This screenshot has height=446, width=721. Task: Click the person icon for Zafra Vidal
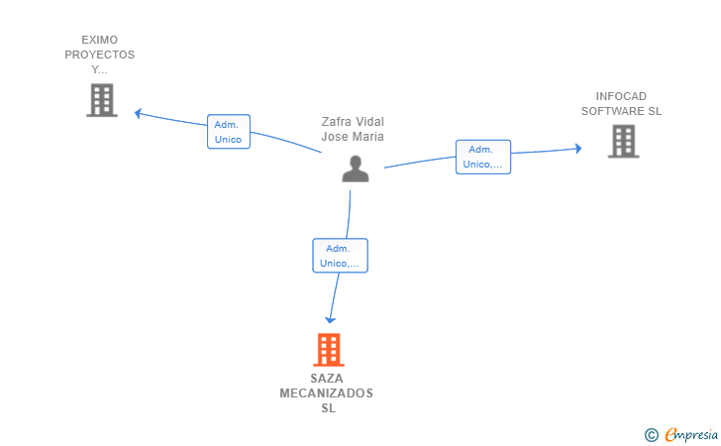[x=355, y=169]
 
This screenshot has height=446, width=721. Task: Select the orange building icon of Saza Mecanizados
[x=329, y=350]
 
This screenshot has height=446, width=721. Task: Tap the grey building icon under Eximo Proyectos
[x=102, y=100]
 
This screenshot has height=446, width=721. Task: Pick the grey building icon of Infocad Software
[x=623, y=141]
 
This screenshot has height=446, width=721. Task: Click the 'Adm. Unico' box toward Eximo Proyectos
[x=228, y=132]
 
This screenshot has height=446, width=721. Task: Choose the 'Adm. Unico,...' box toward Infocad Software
[x=483, y=157]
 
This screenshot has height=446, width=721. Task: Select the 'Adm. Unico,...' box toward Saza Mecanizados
[x=340, y=256]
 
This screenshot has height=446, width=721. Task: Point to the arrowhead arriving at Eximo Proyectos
[x=140, y=113]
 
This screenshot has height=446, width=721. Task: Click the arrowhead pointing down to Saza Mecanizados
[x=331, y=319]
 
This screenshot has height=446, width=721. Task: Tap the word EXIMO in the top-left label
[x=99, y=41]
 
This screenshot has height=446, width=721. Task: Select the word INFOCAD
[x=621, y=96]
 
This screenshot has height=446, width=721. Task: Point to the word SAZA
[x=328, y=379]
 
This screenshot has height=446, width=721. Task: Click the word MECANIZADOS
[x=327, y=393]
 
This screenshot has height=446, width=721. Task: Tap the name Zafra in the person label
[x=338, y=122]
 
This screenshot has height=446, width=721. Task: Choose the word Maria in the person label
[x=367, y=137]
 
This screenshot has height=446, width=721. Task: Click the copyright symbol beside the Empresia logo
[x=651, y=434]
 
